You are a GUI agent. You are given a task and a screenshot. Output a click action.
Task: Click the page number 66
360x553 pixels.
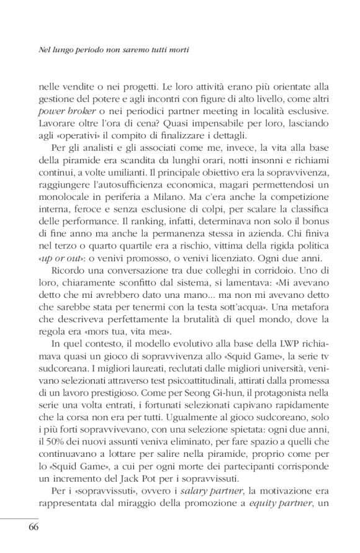pos(34,528)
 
